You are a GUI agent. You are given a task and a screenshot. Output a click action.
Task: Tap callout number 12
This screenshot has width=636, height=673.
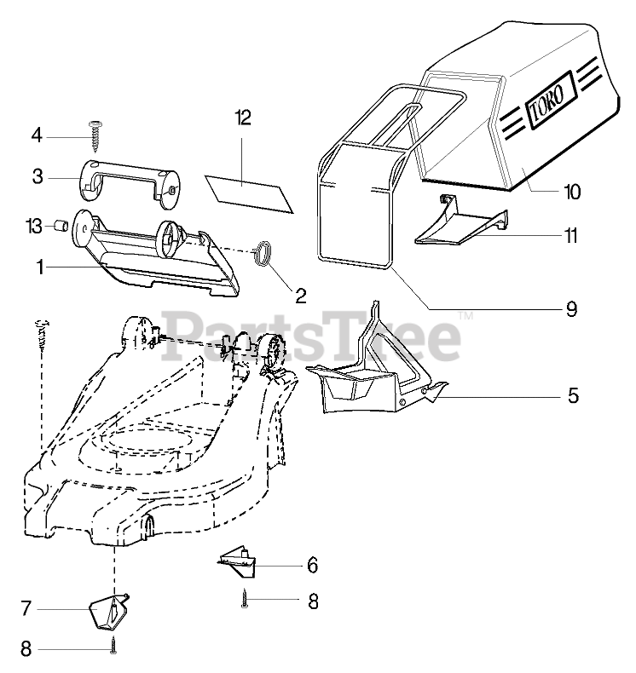tap(243, 118)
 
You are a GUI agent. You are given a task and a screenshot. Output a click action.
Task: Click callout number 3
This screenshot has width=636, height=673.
tap(38, 176)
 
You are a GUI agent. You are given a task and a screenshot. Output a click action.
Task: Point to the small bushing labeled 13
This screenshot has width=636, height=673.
tap(61, 226)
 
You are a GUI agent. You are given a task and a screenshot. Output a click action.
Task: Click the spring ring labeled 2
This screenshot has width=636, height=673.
tap(265, 252)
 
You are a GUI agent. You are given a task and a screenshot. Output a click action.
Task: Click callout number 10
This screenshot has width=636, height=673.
tap(572, 192)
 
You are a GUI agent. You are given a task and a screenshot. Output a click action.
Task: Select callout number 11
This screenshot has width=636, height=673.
tap(572, 235)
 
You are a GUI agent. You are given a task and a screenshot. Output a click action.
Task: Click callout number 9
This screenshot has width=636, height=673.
tap(572, 308)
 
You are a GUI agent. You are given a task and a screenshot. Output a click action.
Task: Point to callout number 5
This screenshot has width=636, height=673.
tap(572, 395)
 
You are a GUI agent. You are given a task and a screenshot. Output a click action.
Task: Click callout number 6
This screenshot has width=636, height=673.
tap(312, 565)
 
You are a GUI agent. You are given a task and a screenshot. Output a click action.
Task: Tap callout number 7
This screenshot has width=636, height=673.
tap(26, 609)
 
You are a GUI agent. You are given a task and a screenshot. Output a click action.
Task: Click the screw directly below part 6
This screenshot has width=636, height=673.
tap(244, 600)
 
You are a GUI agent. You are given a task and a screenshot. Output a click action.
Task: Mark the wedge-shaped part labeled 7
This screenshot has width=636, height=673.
tap(109, 609)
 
